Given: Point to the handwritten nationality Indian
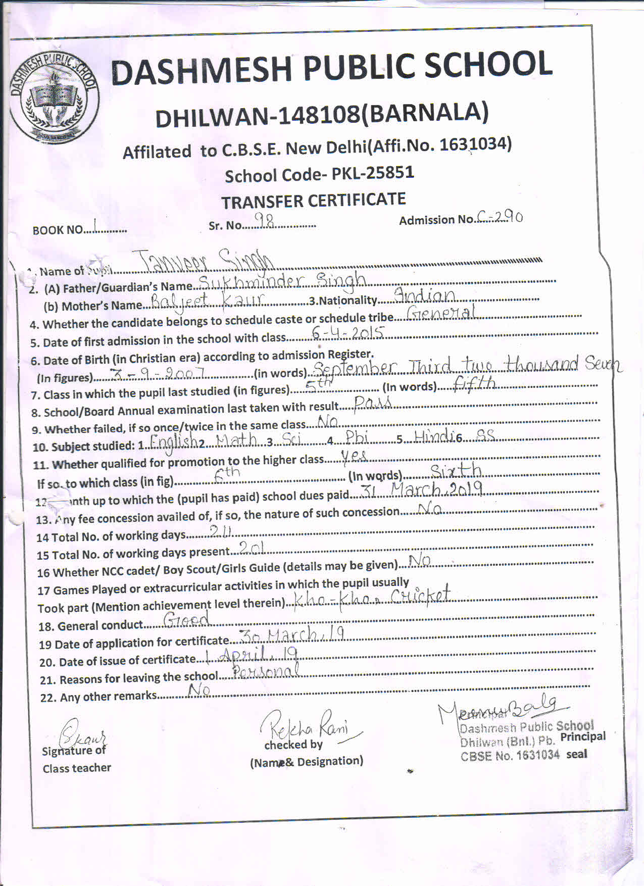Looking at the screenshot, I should click(424, 296).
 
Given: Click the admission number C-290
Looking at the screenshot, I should click(500, 217).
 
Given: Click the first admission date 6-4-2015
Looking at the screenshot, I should click(348, 332).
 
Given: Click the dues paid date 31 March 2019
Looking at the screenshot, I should click(422, 489).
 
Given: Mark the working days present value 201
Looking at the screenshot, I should click(251, 548).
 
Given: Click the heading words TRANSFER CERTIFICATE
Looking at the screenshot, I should click(313, 201).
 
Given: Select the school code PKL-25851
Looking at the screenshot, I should click(373, 173).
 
